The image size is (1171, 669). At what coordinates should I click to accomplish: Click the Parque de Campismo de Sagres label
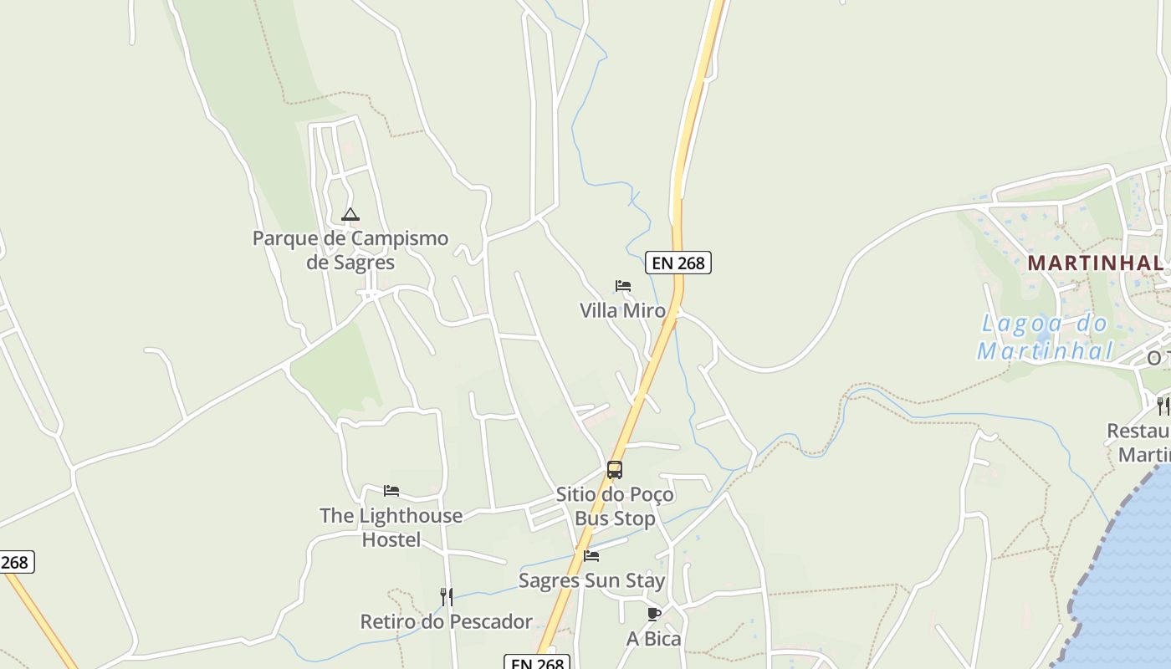point(350,250)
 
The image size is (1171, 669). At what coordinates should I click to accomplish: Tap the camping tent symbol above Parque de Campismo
point(350,214)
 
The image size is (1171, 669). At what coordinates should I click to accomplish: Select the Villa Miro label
point(623,310)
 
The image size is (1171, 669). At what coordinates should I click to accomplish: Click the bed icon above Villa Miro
point(623,286)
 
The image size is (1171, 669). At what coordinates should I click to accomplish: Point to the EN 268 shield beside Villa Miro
point(678,263)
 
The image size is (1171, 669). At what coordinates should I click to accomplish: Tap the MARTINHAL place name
point(1095,263)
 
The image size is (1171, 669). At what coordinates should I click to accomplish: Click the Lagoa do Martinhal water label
point(1045,337)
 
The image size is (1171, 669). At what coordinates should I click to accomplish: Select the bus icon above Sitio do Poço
point(615,470)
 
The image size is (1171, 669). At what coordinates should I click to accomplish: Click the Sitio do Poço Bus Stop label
point(615,507)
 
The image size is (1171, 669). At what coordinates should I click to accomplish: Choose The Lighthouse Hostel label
point(391,528)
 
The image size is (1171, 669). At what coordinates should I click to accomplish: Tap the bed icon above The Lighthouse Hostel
point(391,491)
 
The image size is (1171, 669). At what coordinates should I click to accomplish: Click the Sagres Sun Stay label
point(591,580)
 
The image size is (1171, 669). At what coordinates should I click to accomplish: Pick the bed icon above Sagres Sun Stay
point(591,555)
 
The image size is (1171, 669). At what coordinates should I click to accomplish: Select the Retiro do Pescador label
point(446,621)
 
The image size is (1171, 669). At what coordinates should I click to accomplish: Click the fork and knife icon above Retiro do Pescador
point(447,596)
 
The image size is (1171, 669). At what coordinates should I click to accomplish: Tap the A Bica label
point(654,639)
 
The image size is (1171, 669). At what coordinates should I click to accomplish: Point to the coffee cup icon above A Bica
point(654,615)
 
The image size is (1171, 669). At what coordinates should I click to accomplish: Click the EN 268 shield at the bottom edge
point(537,663)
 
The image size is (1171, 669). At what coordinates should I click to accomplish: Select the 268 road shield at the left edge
point(15,562)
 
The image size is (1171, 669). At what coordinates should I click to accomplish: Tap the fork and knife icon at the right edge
point(1163,406)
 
